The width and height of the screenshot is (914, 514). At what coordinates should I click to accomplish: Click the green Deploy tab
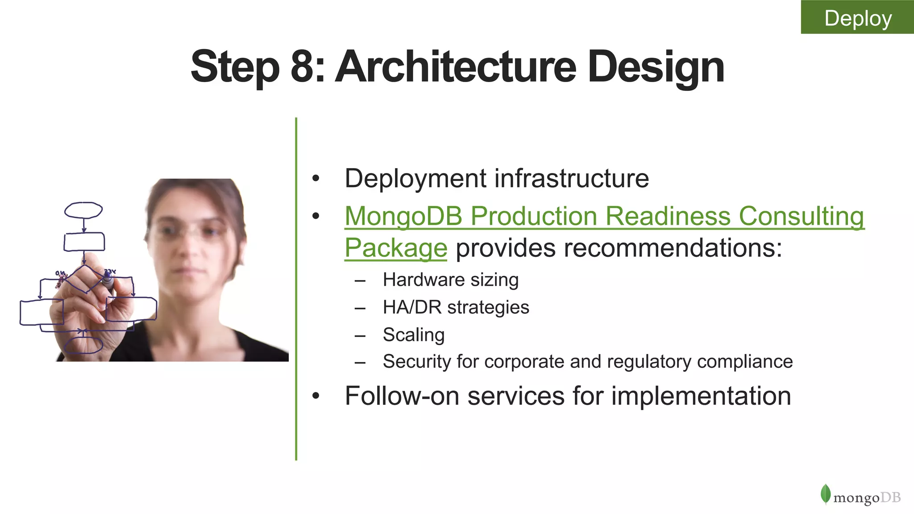pos(857,17)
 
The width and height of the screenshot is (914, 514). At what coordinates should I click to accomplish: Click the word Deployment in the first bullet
pos(415,179)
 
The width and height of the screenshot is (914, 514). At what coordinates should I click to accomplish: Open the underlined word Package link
pos(395,248)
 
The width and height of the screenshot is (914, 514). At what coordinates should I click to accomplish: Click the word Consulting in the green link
pos(801,216)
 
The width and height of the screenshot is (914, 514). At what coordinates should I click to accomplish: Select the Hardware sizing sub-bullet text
pos(450,280)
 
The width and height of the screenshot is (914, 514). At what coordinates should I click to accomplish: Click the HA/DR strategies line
pos(456,307)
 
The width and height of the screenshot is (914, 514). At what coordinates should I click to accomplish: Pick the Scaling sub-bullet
pos(413,335)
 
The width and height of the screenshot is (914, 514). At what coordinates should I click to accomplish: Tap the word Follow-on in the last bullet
pos(402,396)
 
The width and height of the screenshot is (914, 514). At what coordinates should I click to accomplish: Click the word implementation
pos(701,396)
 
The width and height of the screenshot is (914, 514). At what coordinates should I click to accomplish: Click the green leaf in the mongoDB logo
pos(825,494)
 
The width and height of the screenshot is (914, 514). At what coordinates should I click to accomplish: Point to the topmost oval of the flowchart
pos(83,210)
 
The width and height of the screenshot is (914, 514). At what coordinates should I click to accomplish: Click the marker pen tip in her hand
pos(107,280)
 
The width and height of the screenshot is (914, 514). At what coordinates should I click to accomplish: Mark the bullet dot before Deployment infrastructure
pos(316,179)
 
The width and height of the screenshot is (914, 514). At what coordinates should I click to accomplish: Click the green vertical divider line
pos(296,290)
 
